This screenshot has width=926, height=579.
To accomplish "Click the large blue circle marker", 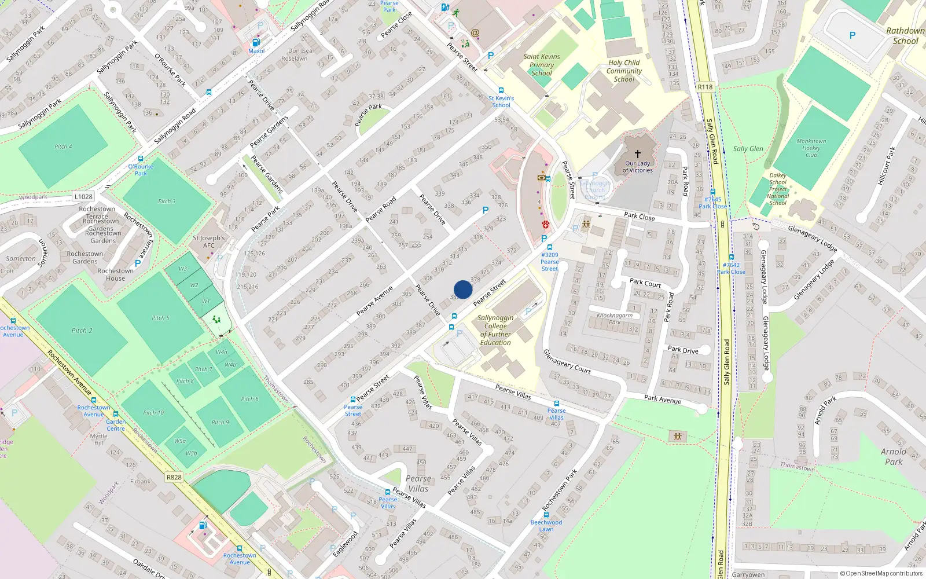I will [x=463, y=289].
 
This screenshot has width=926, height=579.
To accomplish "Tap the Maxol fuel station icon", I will [x=256, y=42].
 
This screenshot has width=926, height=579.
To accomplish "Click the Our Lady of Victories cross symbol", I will [x=638, y=154].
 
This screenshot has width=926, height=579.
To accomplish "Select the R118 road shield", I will [x=705, y=87].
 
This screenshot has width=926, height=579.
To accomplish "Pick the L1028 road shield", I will [x=83, y=197].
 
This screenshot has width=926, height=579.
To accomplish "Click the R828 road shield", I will [x=174, y=477].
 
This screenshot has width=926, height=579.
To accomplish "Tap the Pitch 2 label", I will [x=82, y=331].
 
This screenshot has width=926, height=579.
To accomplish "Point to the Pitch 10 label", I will [x=154, y=413].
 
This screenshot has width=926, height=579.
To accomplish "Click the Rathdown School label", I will [x=905, y=36].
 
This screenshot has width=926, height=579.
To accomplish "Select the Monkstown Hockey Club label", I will [x=811, y=148].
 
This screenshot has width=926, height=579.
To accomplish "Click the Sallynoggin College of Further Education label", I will [x=495, y=330].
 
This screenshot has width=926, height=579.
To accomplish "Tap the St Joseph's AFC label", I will [x=209, y=241].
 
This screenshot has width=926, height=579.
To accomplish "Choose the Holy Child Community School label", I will [x=624, y=71].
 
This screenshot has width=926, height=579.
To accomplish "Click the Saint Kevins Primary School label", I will [x=542, y=65].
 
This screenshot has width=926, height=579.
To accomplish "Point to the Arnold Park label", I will [x=894, y=456].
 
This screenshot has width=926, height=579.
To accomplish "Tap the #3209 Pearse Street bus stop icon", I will [x=550, y=247].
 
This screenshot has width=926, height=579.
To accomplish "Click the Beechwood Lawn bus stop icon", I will [x=546, y=515].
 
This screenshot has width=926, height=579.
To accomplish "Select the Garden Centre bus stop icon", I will [x=116, y=415].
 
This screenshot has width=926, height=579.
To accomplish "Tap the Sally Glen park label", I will [x=748, y=149].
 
